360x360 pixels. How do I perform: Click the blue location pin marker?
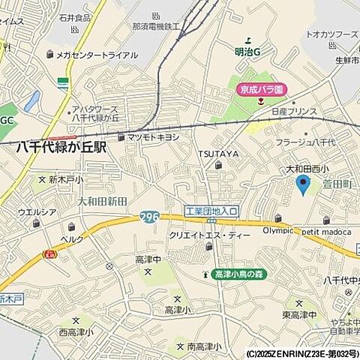pyautogui.click(x=303, y=184)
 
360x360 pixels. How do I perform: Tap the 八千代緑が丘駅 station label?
pyautogui.click(x=61, y=148)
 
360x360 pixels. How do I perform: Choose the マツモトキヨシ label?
pyautogui.click(x=154, y=137)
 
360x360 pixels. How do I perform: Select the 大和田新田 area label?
pyautogui.click(x=103, y=201)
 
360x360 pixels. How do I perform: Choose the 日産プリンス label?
pyautogui.click(x=295, y=111)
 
